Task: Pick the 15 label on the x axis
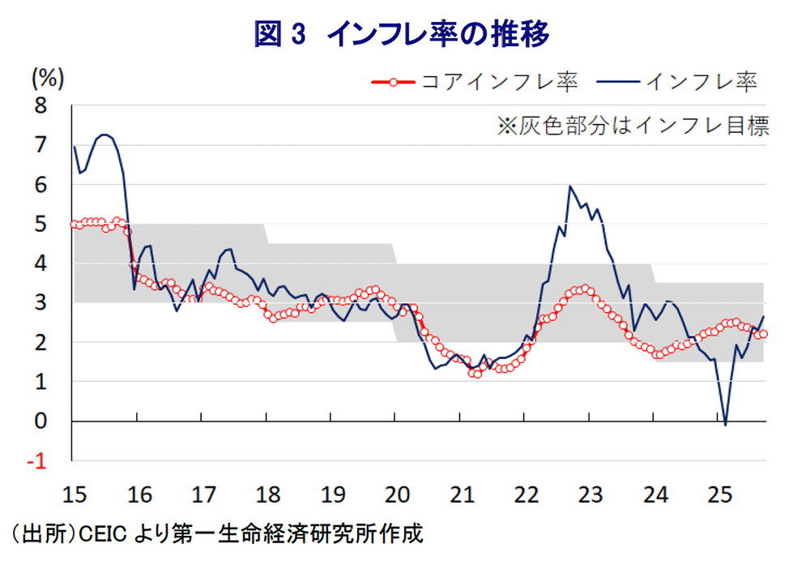coord(73,493)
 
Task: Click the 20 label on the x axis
coord(394,493)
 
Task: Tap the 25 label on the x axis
coord(718,493)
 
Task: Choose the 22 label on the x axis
coord(525,493)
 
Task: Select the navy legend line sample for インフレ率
coord(618,82)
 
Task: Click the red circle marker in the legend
coord(393,82)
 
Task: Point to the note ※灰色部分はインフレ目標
coord(633,126)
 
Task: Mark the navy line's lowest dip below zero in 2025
coord(725,424)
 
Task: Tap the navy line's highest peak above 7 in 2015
coord(104,135)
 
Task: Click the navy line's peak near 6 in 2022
coord(570,186)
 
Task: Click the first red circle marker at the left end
coord(75,225)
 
